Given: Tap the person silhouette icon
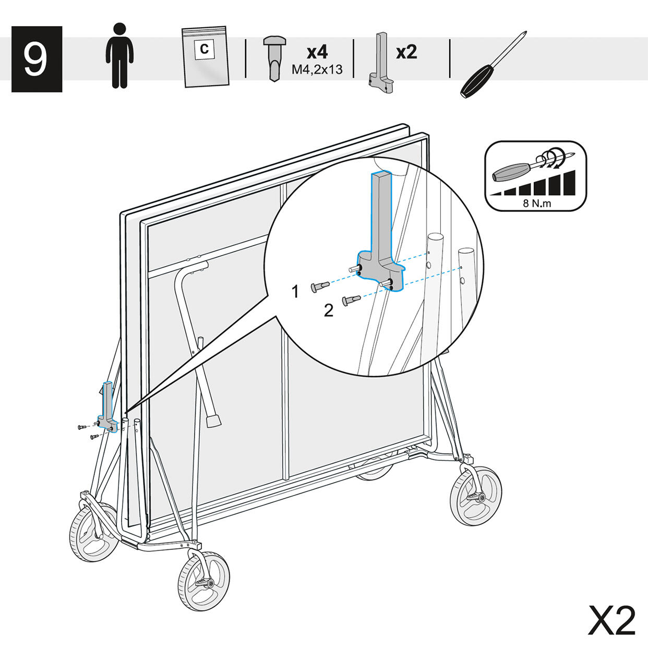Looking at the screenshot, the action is click(119, 56).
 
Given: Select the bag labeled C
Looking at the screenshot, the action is click(205, 56).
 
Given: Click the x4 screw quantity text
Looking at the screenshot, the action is click(317, 52).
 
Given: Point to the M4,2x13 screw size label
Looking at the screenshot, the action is click(317, 69).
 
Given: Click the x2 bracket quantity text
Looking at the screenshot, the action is click(406, 52).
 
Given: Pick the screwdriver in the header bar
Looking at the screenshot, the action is click(493, 65).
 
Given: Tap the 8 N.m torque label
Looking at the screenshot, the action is click(537, 203).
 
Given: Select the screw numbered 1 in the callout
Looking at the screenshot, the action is click(320, 286).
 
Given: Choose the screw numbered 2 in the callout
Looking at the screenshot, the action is click(351, 299).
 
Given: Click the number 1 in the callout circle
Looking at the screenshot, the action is click(295, 291).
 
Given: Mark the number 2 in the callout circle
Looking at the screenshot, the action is click(328, 310).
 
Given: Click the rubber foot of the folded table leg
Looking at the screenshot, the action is click(214, 421).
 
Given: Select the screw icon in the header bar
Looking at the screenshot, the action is click(274, 58).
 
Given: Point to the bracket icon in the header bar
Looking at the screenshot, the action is click(381, 63).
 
